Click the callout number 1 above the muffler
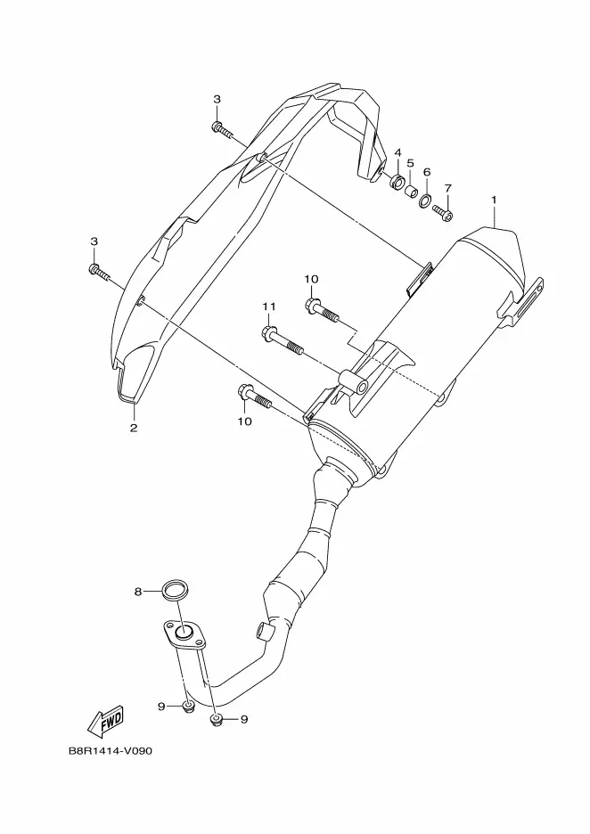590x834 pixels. pyautogui.click(x=494, y=200)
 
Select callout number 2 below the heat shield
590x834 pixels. pyautogui.click(x=133, y=428)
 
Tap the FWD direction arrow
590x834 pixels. pyautogui.click(x=106, y=722)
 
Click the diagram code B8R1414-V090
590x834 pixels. pyautogui.click(x=111, y=751)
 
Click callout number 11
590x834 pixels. pyautogui.click(x=269, y=307)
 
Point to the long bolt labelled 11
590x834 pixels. pyautogui.click(x=283, y=341)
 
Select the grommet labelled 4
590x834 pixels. pyautogui.click(x=397, y=183)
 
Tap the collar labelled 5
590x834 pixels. pyautogui.click(x=411, y=191)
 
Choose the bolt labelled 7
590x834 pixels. pyautogui.click(x=443, y=212)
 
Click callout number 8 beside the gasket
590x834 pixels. pyautogui.click(x=137, y=592)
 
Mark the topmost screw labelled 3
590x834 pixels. pyautogui.click(x=223, y=128)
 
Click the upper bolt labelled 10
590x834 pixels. pyautogui.click(x=322, y=311)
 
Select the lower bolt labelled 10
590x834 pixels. pyautogui.click(x=255, y=396)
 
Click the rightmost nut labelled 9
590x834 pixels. pyautogui.click(x=216, y=720)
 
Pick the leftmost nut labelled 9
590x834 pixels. pyautogui.click(x=187, y=707)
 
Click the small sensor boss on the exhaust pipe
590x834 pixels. pyautogui.click(x=265, y=629)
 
